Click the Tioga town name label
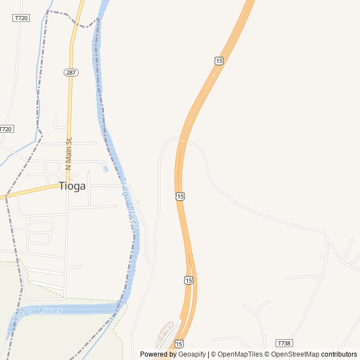73,187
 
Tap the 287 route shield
71,73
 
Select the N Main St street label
69,154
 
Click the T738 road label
285,343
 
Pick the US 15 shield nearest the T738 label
179,343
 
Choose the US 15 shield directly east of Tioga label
179,196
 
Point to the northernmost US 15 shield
219,61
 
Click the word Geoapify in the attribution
192,354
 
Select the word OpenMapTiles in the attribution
240,354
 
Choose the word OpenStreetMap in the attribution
295,354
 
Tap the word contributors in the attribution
339,354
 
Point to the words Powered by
158,354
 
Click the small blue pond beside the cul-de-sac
106,169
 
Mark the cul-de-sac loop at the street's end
102,164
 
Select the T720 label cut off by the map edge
6,129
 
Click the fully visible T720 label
21,18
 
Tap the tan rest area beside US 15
165,332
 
